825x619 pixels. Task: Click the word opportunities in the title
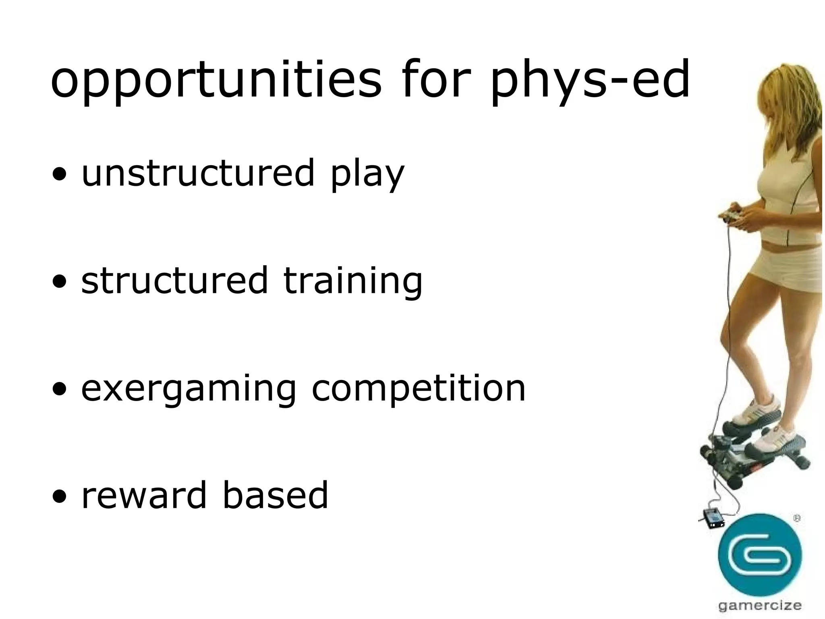coord(216,81)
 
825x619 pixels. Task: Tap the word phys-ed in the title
coord(590,81)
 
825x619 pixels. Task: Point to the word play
coord(367,175)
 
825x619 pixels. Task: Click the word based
coord(275,495)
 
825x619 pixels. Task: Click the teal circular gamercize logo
coord(759,555)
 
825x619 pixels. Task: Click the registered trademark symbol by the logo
coord(796,519)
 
